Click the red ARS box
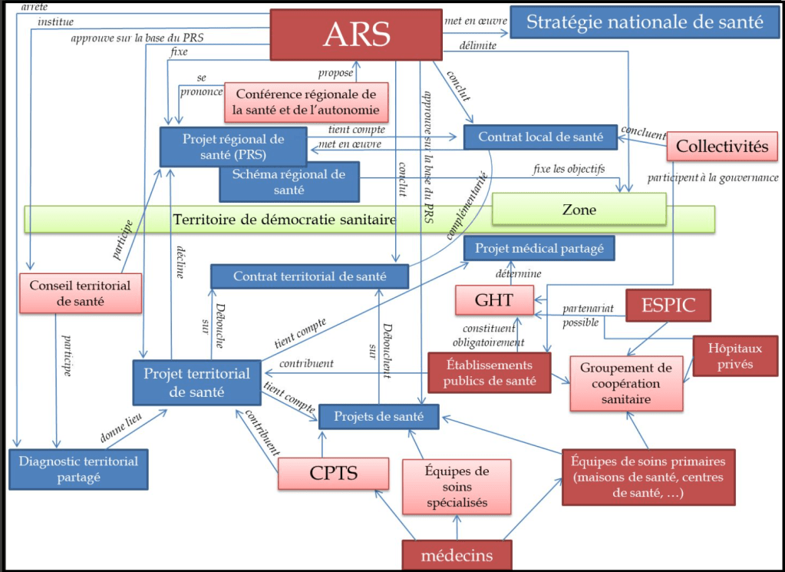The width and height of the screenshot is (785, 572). point(356,34)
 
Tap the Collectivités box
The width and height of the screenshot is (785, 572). point(721,146)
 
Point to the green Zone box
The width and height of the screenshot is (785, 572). point(579,209)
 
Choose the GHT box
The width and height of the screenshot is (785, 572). point(494,300)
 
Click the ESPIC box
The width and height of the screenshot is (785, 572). point(668,305)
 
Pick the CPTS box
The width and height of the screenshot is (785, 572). point(333,472)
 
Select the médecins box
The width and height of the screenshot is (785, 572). point(457,555)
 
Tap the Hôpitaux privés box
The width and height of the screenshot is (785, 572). point(730,355)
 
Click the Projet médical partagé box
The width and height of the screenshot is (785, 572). point(539,248)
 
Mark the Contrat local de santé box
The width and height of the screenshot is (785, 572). point(540,137)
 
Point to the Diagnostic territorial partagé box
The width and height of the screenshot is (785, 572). point(78,469)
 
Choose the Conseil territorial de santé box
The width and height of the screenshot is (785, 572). point(80,293)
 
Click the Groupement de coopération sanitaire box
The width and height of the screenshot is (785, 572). point(626,383)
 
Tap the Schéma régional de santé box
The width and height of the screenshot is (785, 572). point(289,182)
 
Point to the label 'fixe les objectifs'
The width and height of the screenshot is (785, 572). point(569,169)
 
